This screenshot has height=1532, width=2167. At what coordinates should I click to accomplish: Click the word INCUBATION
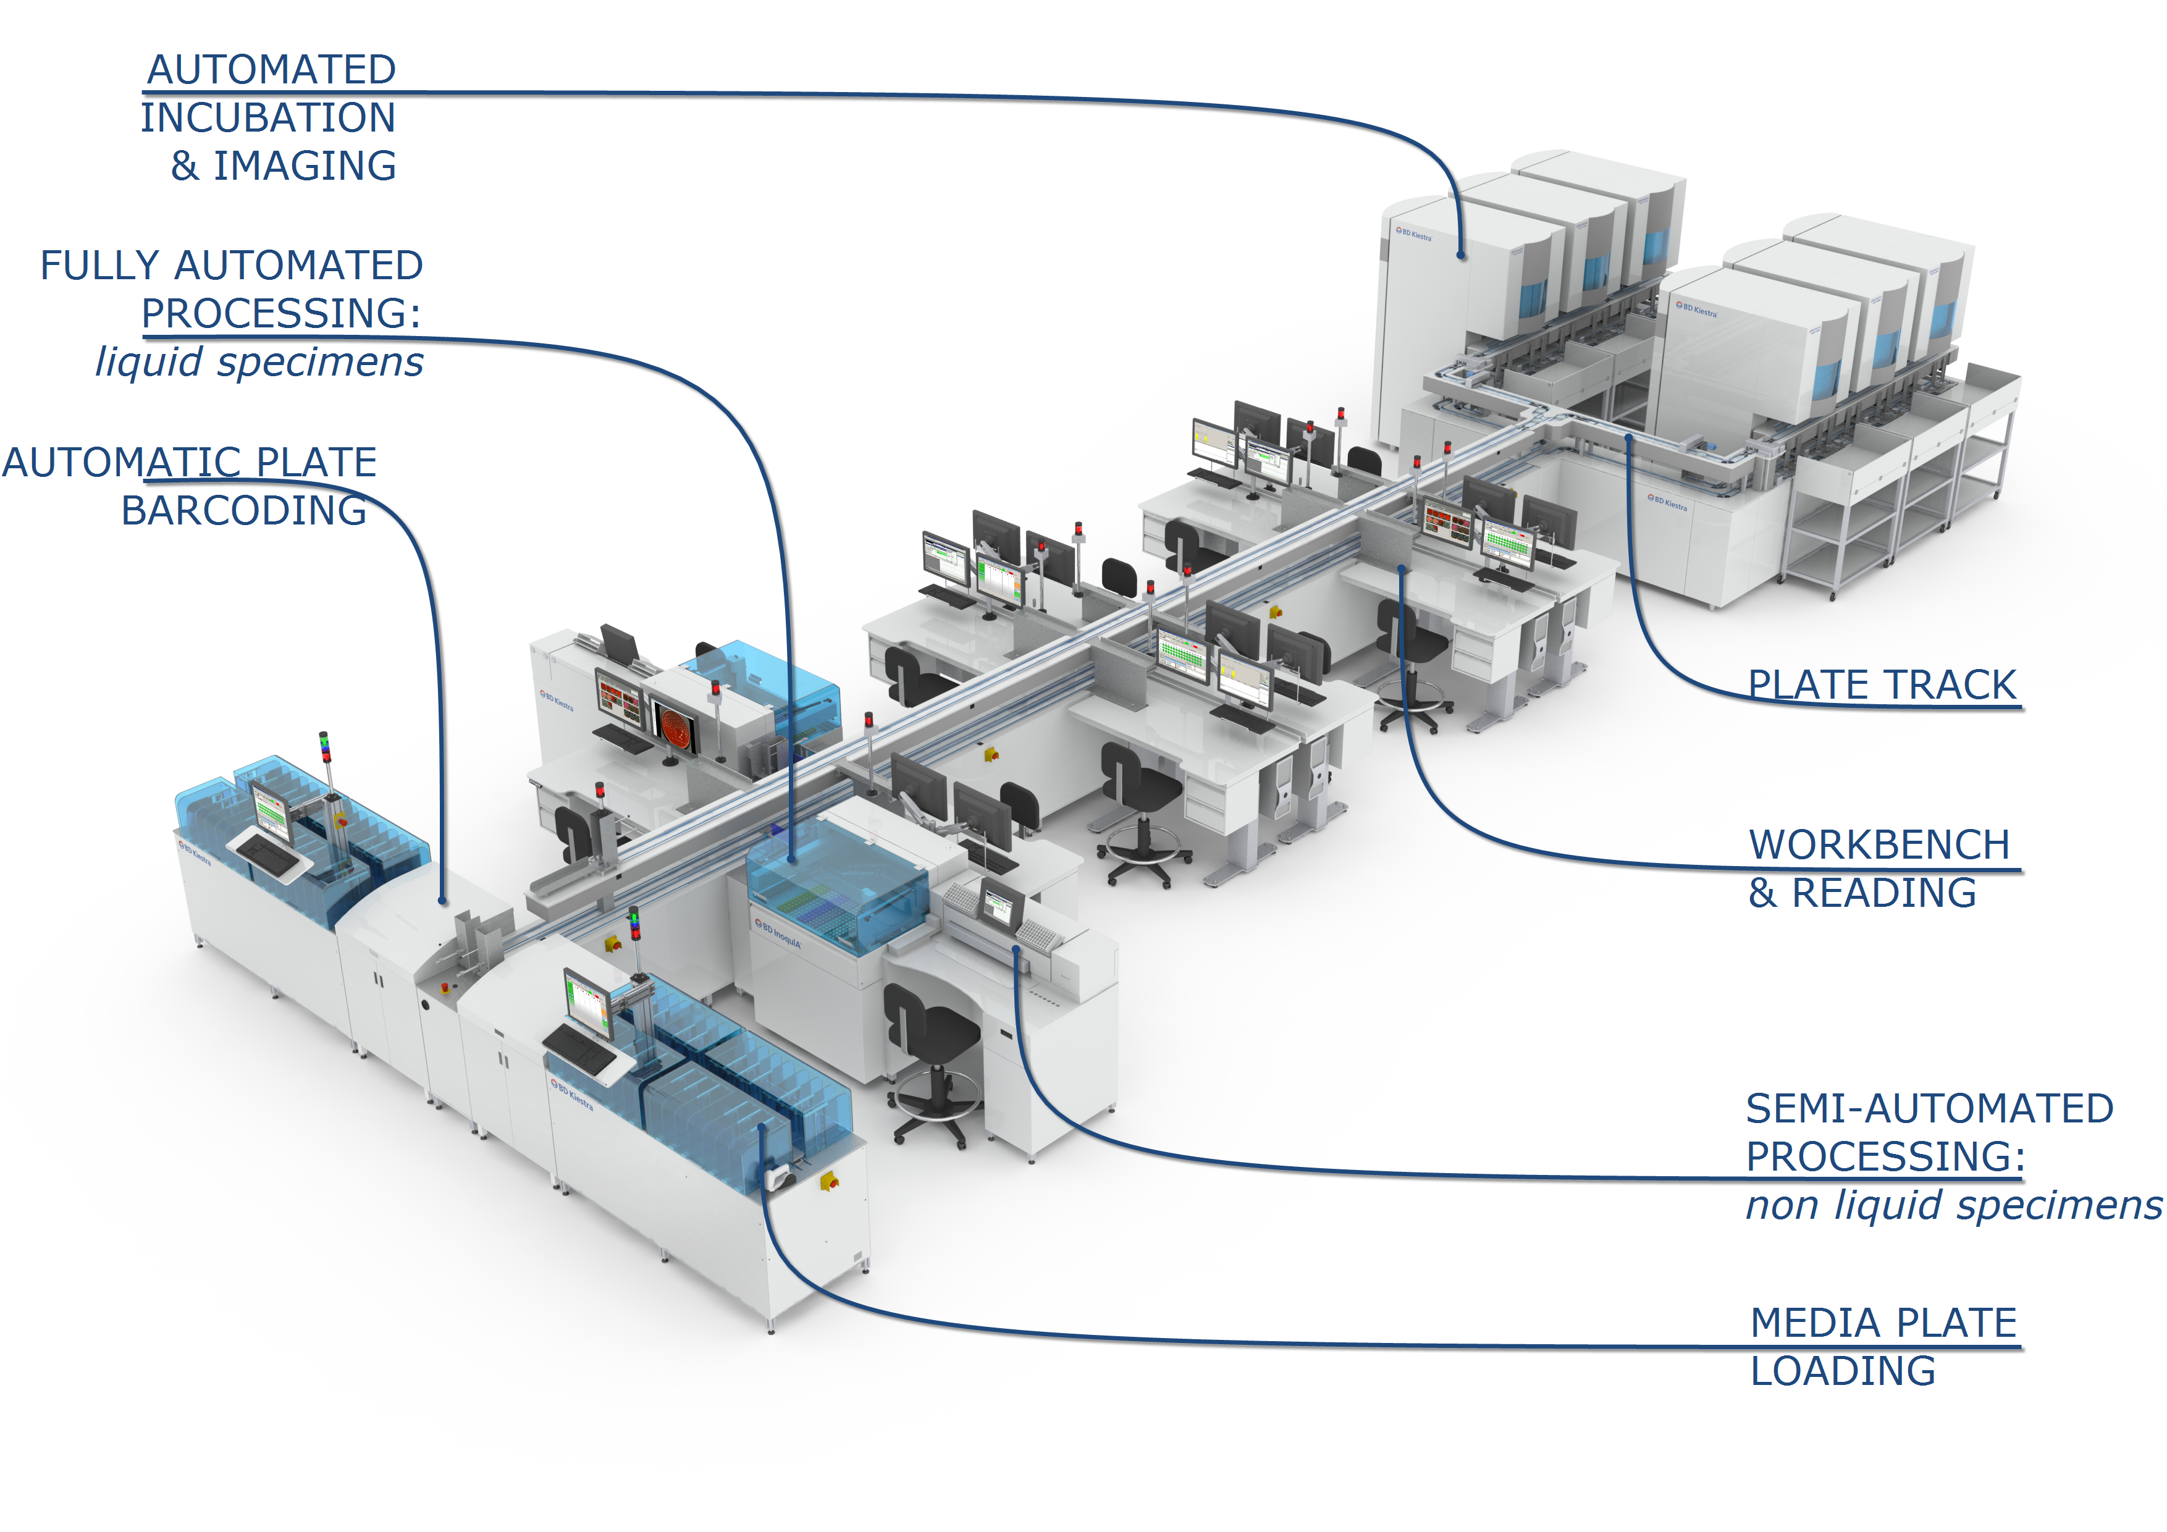tap(268, 118)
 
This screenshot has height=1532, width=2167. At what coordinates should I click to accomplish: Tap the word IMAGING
tap(305, 166)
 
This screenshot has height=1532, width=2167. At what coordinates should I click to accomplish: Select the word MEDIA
tap(1802, 1323)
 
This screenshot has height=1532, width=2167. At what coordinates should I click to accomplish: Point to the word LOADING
tap(1842, 1371)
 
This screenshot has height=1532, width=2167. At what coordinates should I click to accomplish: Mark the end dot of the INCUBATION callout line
tap(1461, 255)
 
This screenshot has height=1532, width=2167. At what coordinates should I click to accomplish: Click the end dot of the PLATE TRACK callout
tap(1628, 437)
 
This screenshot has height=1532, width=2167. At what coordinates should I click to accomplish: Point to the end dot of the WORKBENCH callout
tap(1402, 569)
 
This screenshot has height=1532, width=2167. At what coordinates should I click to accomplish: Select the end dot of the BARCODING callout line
tap(443, 901)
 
